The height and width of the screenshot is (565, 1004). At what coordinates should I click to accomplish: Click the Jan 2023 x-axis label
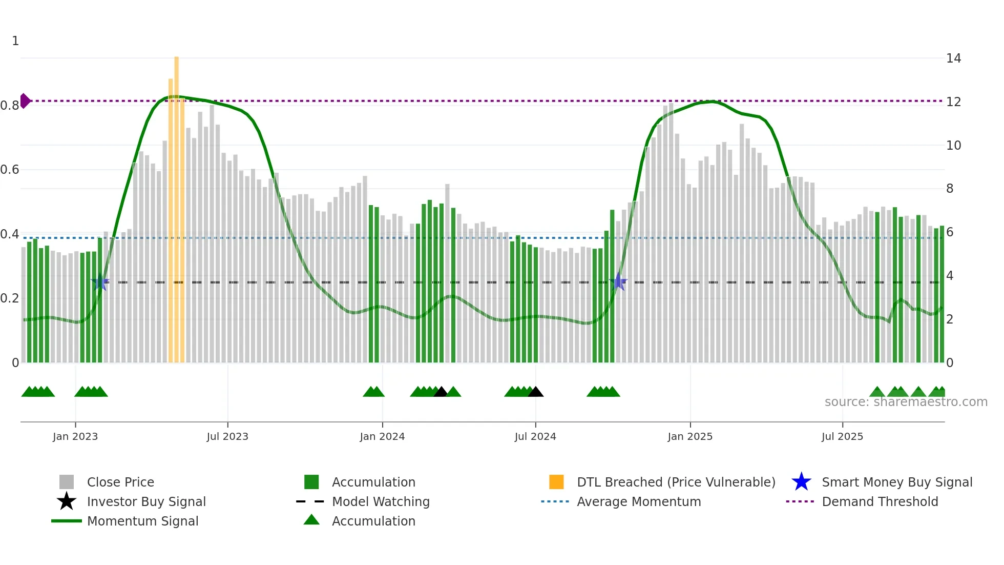75,436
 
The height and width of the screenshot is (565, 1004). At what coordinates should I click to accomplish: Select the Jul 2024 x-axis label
535,436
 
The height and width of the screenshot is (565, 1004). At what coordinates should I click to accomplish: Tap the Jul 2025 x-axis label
842,436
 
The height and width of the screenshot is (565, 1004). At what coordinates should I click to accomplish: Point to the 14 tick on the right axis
953,58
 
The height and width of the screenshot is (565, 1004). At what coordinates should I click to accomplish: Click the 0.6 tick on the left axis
10,170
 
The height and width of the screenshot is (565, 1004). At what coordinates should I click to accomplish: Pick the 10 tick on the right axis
953,146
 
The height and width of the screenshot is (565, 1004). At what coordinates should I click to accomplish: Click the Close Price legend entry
120,482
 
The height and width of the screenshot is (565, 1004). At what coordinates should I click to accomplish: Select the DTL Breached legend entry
676,482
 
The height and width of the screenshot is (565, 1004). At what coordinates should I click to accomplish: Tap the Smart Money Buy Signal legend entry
896,482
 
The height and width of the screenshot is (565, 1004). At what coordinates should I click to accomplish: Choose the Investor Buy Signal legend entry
146,501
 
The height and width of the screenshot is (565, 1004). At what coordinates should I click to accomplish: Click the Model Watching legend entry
381,501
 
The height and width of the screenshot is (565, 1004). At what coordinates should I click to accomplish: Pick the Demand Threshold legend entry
880,501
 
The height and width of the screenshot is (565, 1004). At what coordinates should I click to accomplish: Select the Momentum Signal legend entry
142,521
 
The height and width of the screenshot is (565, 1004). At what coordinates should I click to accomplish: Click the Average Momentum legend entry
639,501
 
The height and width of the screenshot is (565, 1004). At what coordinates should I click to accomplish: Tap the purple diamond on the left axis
25,101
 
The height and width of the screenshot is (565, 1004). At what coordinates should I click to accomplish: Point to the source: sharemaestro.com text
906,402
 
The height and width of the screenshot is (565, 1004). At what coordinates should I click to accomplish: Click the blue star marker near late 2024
618,282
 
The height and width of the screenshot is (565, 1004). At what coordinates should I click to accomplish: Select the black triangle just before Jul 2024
535,392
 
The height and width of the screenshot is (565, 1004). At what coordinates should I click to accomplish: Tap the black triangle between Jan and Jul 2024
441,392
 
